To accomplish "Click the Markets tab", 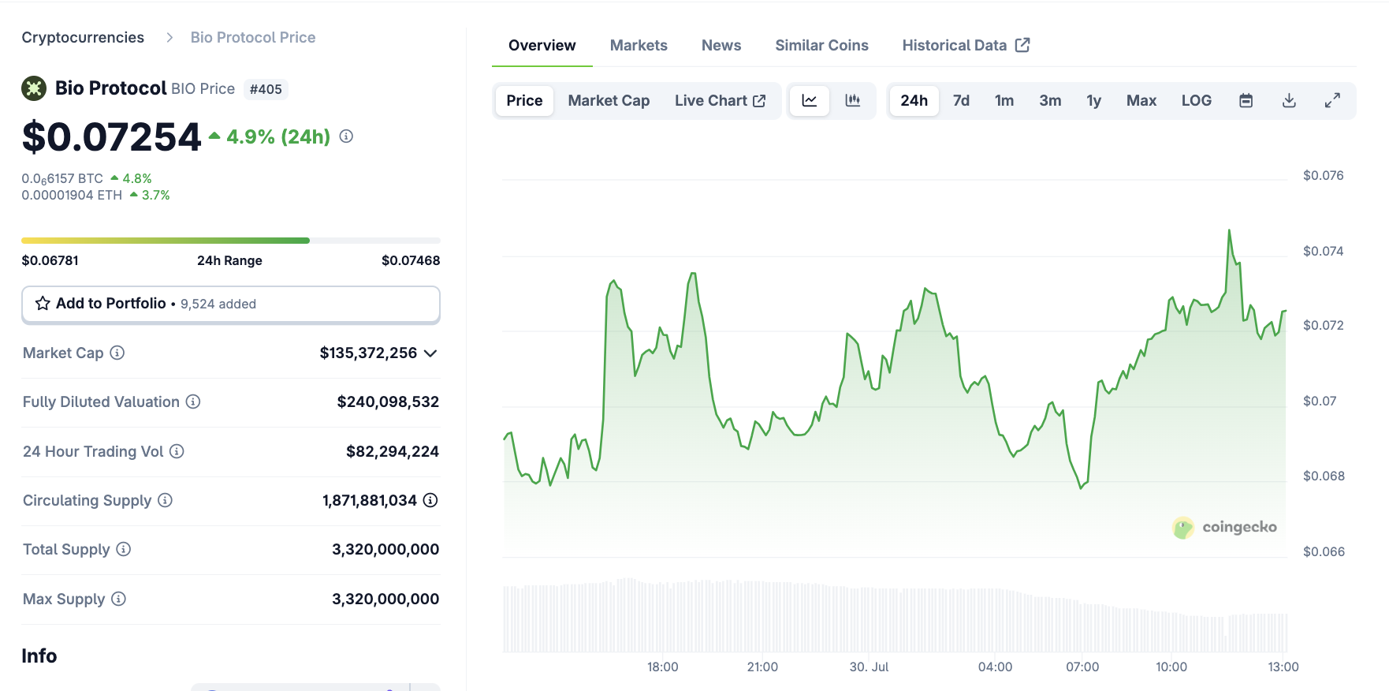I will click(639, 46).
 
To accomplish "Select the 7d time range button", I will click(961, 101).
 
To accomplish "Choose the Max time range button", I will click(1141, 101).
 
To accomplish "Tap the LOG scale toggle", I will click(1196, 101).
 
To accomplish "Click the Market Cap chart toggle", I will click(609, 101).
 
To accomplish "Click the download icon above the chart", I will click(1289, 101).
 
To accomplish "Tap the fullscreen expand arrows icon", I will click(1332, 101).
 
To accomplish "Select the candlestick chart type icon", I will click(852, 101).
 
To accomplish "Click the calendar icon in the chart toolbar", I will click(1246, 101).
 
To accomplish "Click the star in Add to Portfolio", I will click(43, 304).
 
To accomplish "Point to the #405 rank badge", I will click(266, 89).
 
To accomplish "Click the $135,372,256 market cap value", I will click(368, 353).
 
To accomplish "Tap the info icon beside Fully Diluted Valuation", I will click(193, 402).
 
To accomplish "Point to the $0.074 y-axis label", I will click(1323, 251).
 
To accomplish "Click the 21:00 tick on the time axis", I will click(762, 667).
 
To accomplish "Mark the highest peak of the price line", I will click(1229, 231).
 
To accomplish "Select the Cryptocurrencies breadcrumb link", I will click(83, 38).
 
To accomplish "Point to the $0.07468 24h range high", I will click(410, 260).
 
